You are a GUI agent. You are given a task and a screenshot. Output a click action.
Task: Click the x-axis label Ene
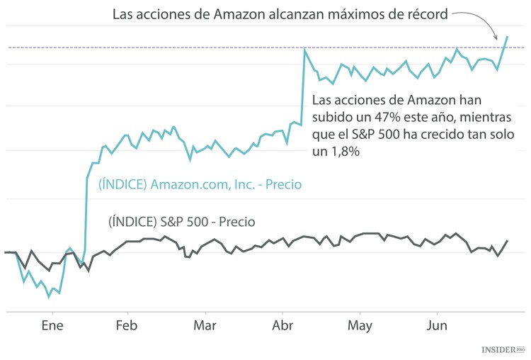[52, 326]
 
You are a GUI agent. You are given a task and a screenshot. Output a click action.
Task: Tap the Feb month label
[126, 326]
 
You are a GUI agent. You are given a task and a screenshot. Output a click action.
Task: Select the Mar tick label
[205, 326]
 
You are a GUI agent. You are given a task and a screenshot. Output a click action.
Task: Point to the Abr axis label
[282, 326]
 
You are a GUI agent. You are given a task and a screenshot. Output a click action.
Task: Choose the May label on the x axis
[360, 326]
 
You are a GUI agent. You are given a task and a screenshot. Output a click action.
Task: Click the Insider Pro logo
[503, 349]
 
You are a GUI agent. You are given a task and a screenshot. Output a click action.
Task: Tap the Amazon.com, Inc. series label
[200, 185]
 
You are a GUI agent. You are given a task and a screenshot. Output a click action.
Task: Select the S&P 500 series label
[181, 221]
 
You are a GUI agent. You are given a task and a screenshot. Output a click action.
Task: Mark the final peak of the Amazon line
[507, 36]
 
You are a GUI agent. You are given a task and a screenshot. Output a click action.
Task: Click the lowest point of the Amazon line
[49, 297]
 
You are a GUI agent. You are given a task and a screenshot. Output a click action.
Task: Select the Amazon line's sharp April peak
[304, 50]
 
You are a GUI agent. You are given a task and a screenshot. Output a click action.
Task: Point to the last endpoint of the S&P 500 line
[507, 241]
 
